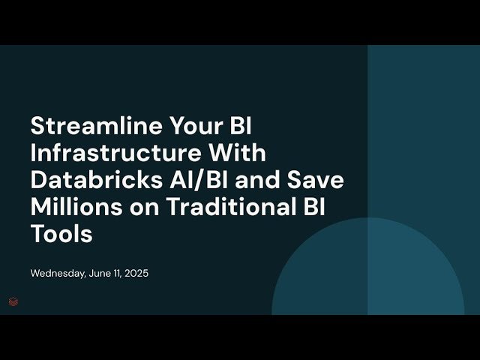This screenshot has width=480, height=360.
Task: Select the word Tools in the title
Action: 61,233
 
